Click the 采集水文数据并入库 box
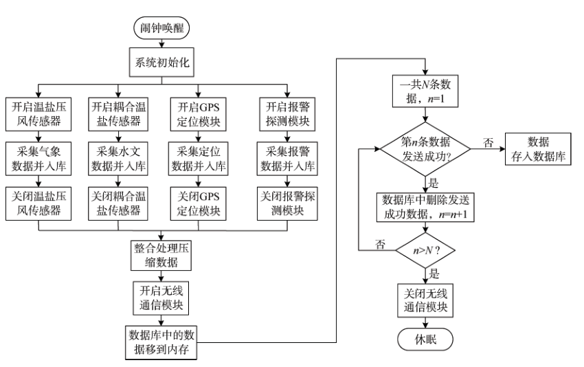[x=120, y=157]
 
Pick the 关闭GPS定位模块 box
[x=199, y=201]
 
